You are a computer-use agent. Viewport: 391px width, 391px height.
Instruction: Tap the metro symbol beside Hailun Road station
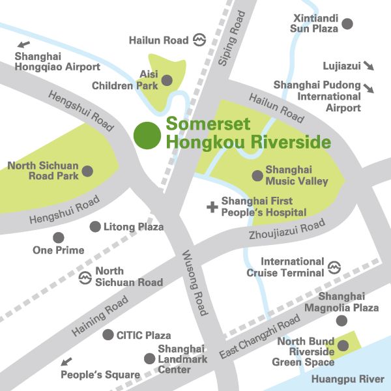coord(199,40)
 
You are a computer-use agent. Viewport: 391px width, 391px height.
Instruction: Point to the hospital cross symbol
coord(211,207)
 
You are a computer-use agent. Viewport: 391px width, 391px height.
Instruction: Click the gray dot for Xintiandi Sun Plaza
coord(347,23)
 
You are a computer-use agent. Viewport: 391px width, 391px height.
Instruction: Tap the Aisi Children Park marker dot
coord(167,80)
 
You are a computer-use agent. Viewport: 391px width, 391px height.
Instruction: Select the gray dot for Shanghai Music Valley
coord(257,175)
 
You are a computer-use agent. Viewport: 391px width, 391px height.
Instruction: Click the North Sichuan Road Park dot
coord(87,171)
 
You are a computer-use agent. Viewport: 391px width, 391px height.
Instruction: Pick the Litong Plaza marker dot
coord(95,227)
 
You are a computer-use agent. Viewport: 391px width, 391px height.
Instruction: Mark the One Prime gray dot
coord(59,237)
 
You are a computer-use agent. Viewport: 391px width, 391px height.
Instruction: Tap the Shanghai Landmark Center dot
coord(149,358)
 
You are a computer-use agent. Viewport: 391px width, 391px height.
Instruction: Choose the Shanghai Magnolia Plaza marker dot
coord(341,320)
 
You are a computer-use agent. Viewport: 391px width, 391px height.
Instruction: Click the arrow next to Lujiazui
coord(368,66)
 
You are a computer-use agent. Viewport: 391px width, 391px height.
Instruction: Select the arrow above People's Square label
coord(67,361)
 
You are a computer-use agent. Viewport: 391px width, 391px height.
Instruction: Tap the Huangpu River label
coord(348,379)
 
